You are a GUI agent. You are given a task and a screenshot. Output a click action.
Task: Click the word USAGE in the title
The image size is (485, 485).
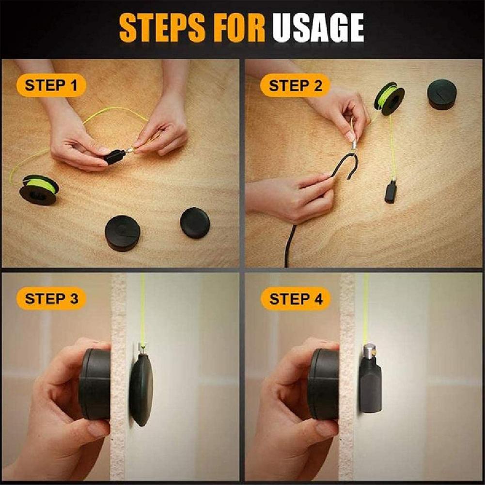coord(318,28)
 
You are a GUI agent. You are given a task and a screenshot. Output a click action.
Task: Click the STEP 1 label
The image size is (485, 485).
coord(51,86)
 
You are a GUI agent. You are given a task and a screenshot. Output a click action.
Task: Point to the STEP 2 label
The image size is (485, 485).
coord(295,86)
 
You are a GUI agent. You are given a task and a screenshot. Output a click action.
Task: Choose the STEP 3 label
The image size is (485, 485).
coord(51,298)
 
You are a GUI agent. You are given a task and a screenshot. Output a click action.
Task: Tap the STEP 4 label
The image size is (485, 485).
coord(296,299)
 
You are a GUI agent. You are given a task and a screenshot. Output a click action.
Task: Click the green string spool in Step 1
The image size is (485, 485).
coord(39,189)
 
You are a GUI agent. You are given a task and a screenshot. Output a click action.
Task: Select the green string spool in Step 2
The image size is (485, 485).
coord(389,98)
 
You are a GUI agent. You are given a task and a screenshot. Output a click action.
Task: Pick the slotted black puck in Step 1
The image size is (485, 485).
coord(123,233)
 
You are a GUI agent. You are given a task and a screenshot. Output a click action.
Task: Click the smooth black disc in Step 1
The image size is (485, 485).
coord(195,222)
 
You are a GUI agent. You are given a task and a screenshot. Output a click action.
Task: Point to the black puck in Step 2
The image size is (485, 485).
coord(442,94)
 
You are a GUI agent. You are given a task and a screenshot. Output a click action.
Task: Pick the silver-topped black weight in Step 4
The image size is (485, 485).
coord(370,380)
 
